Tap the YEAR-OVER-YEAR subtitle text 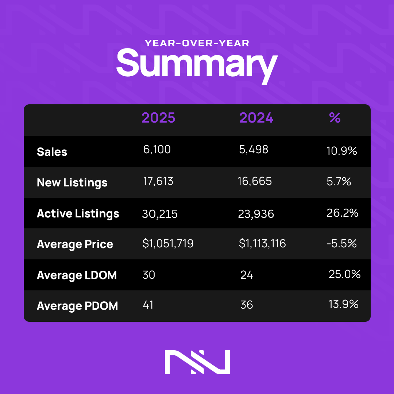click(x=197, y=43)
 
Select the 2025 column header click(x=158, y=118)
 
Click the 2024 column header click(x=256, y=118)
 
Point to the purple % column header click(x=335, y=117)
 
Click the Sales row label click(x=52, y=152)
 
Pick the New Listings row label click(x=72, y=182)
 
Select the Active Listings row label click(x=78, y=213)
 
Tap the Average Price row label click(x=75, y=244)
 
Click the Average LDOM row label click(x=77, y=275)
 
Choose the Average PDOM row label click(x=77, y=306)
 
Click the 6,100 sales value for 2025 click(x=157, y=150)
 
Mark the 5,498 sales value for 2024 click(x=253, y=150)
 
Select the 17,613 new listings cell click(x=158, y=181)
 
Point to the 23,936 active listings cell click(x=256, y=214)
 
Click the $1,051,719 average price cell click(x=168, y=244)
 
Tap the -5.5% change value click(x=341, y=243)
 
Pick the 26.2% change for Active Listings click(x=343, y=213)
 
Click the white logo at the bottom click(x=197, y=362)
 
